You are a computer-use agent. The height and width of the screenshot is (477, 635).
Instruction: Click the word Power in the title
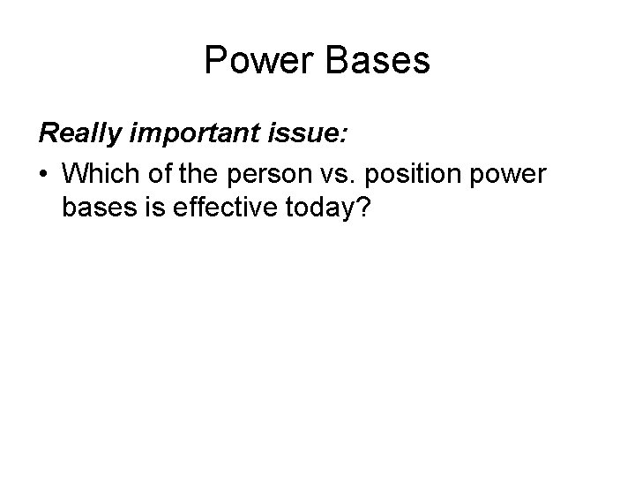258,61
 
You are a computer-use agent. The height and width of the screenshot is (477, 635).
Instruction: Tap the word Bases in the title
380,61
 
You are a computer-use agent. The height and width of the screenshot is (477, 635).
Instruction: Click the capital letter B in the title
338,61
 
